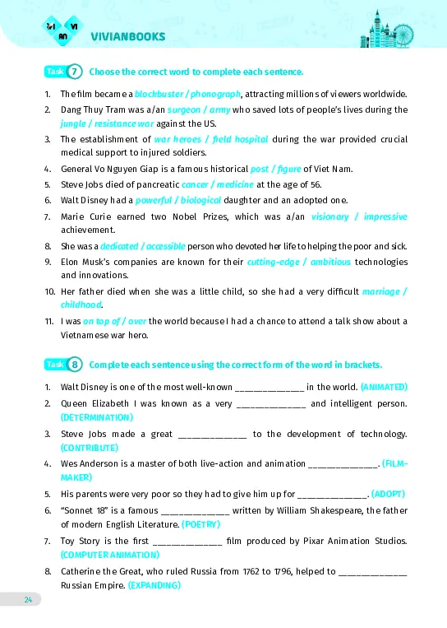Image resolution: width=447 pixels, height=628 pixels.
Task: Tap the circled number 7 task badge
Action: [x=75, y=72]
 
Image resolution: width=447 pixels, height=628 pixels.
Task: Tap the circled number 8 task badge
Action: [x=75, y=364]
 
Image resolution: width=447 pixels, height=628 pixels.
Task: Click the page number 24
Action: [x=28, y=599]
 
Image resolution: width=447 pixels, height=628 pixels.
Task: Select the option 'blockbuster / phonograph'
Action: [x=187, y=94]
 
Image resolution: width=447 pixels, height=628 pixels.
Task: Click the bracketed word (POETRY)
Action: [x=200, y=523]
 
